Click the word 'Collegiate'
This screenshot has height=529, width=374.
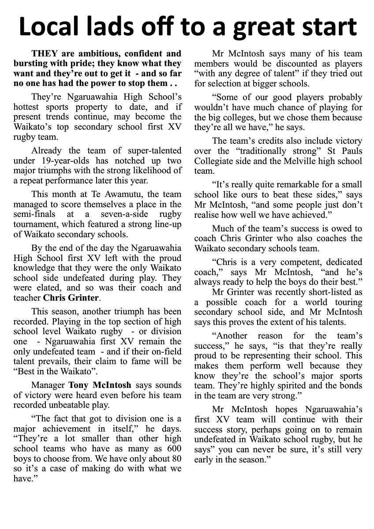point(215,161)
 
